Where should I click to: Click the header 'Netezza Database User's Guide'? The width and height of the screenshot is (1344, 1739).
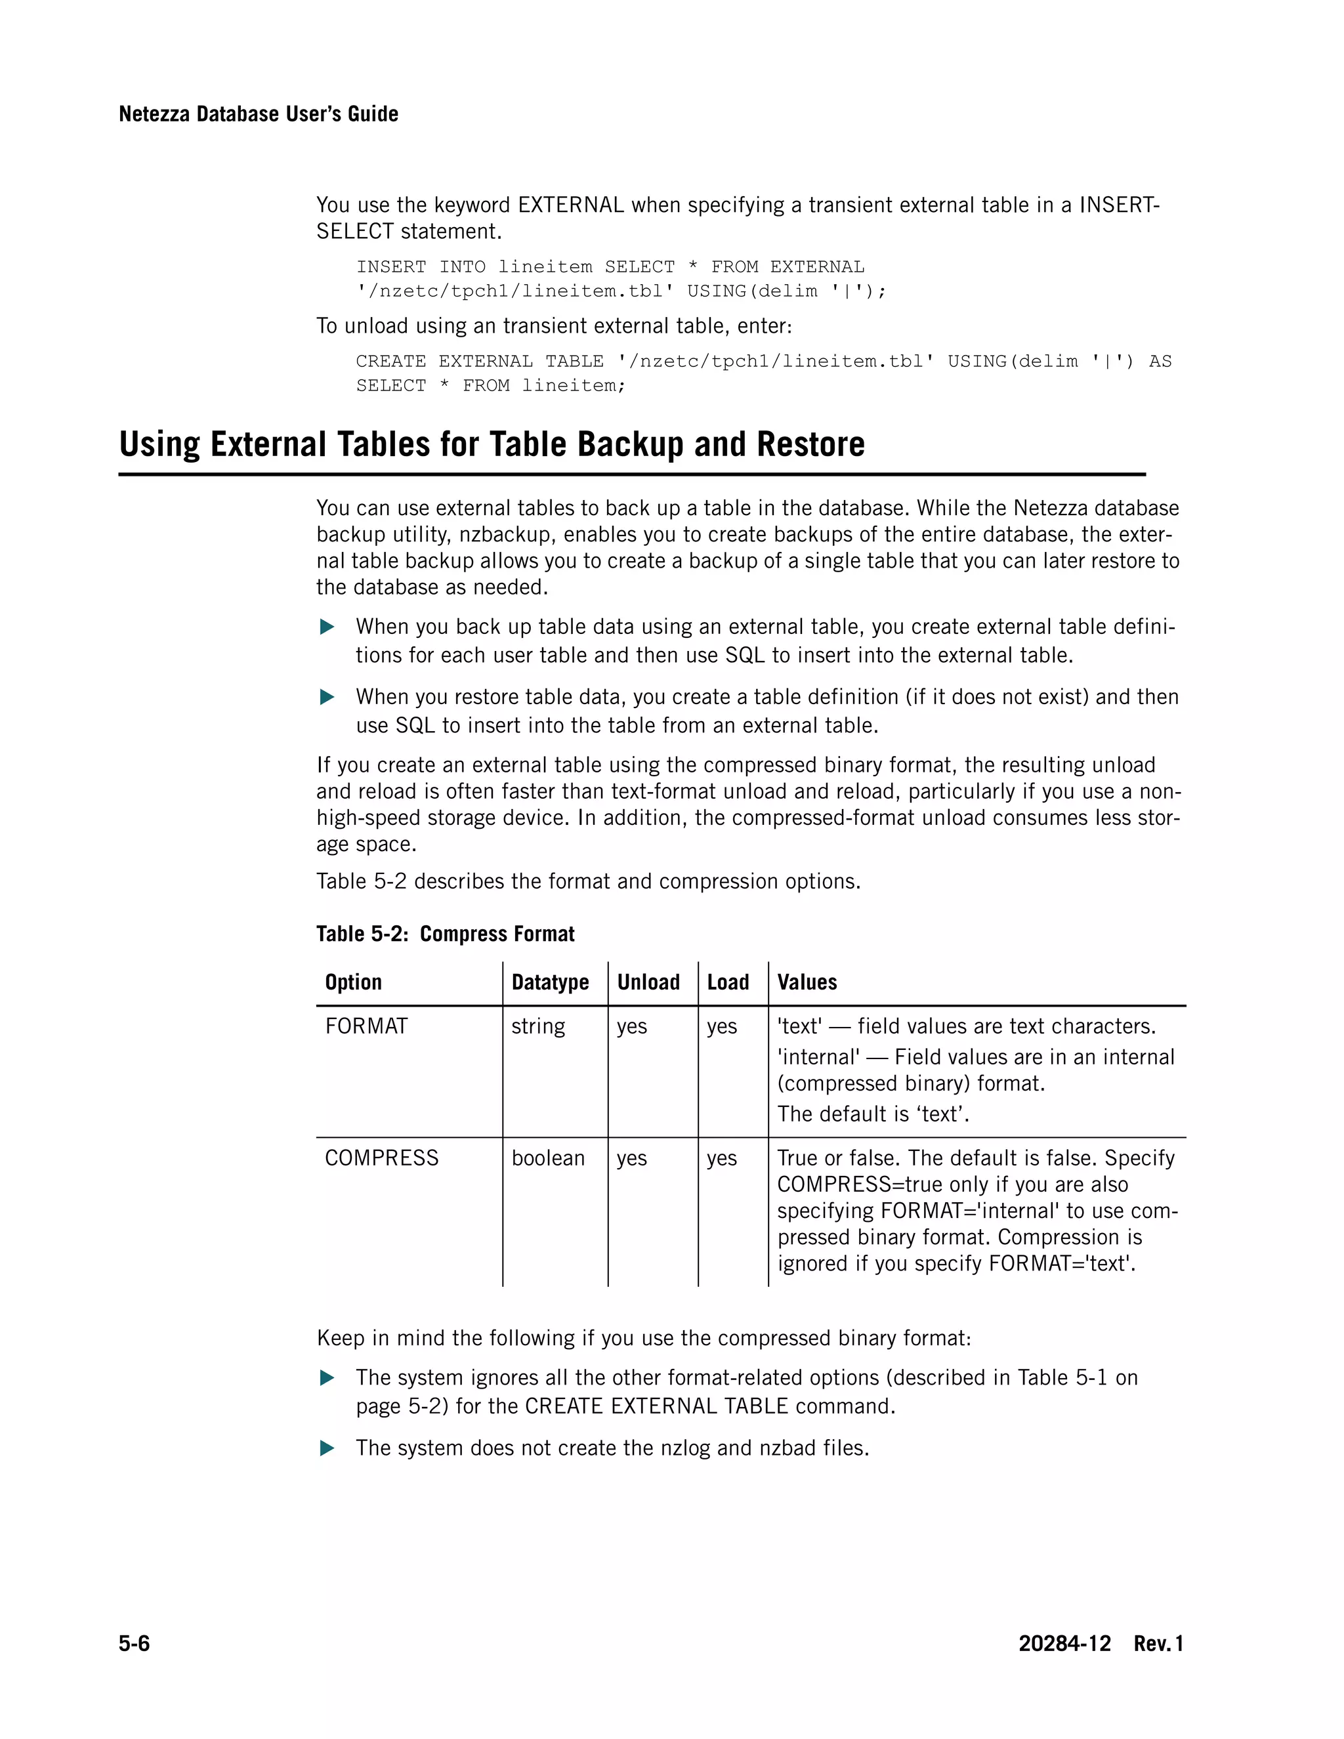tap(258, 114)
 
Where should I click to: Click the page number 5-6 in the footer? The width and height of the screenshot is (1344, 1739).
tap(134, 1643)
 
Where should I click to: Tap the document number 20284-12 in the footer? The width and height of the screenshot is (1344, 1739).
tap(1064, 1643)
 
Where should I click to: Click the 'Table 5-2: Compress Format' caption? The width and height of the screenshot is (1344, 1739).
tap(445, 933)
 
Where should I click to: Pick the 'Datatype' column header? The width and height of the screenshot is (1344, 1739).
tap(549, 982)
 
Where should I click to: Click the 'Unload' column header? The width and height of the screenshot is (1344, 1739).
tap(648, 982)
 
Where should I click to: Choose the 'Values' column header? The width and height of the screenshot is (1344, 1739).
tap(807, 982)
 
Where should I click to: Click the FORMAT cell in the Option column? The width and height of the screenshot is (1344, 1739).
tap(366, 1026)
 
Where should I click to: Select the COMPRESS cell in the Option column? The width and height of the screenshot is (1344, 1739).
tap(381, 1158)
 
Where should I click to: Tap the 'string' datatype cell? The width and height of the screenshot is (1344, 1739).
tap(537, 1026)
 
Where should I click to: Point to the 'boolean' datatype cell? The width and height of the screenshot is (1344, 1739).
tap(548, 1158)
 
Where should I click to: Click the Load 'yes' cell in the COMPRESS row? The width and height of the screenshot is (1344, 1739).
tap(721, 1158)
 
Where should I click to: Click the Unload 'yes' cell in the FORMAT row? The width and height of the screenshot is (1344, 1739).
tap(631, 1026)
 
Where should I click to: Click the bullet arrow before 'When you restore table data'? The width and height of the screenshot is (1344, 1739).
tap(326, 698)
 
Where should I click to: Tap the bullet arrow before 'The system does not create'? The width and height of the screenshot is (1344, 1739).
tap(326, 1448)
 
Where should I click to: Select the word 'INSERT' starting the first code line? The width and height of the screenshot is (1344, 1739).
tap(391, 266)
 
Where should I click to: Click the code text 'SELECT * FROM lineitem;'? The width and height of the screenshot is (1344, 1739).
tap(490, 385)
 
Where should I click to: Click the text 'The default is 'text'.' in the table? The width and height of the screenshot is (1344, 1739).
tap(873, 1114)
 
